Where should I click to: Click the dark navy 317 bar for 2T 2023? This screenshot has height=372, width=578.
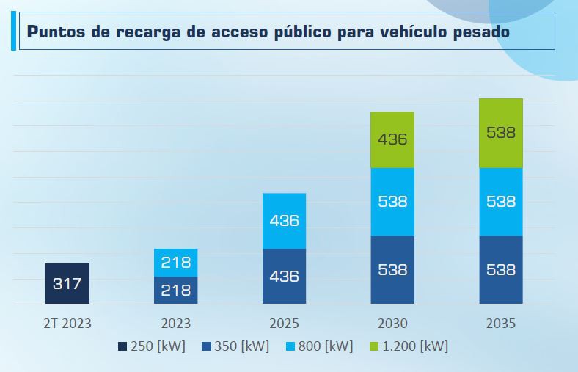[67, 283]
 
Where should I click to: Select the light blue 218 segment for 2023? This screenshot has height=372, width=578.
[176, 263]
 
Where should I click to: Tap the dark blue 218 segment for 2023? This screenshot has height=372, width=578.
[176, 290]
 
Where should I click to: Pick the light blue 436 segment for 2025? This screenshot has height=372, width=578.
[284, 220]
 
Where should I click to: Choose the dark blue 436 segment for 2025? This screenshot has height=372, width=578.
[284, 276]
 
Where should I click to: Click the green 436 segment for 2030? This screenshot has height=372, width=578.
[392, 139]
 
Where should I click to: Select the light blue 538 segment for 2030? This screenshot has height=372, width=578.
[392, 202]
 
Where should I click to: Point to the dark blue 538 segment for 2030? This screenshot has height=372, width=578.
[392, 269]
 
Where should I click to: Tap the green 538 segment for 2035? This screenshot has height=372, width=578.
[501, 133]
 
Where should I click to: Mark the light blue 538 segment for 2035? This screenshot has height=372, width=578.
[501, 202]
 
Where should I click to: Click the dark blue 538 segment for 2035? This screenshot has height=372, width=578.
[501, 269]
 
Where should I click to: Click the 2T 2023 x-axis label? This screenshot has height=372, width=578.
[67, 323]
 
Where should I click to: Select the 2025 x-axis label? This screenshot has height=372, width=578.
[284, 323]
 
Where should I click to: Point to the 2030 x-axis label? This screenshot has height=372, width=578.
[392, 323]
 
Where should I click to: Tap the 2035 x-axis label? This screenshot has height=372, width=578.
[501, 323]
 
